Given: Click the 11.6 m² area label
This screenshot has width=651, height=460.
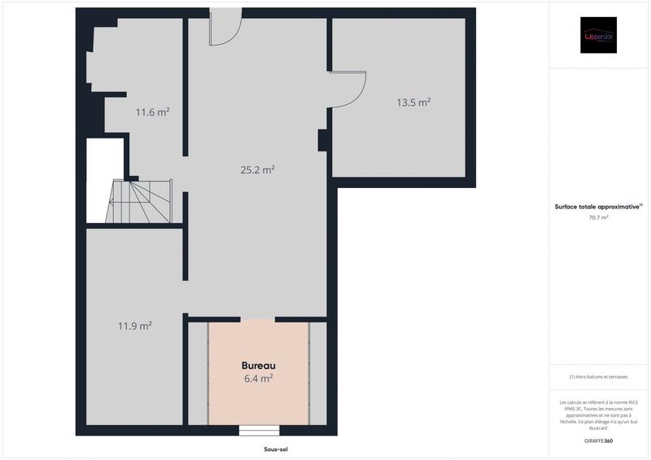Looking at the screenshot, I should coord(152,112).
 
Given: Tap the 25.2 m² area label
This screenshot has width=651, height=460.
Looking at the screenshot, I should coord(257,170).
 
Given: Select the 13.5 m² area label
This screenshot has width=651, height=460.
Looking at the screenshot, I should coord(413,103).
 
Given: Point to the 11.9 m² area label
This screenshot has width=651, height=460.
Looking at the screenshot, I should coord(135,326).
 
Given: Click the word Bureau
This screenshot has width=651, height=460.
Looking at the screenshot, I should coord(258,366).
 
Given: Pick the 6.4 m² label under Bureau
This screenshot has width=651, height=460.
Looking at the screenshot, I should coord(258,379).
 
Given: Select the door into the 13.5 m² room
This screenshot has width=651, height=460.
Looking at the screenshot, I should coord(348,90).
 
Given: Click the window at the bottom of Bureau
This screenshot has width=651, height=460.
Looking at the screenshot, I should coord(259,430).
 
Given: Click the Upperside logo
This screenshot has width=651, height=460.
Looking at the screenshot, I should coord(598,35).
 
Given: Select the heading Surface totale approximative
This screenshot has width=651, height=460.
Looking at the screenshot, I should coord(598,207).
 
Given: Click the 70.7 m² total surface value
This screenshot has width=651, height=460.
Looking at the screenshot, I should coord(598,217).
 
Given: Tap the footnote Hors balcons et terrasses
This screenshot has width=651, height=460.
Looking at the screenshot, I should coord(598,377).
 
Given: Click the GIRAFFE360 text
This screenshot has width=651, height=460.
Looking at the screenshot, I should coord(598,440).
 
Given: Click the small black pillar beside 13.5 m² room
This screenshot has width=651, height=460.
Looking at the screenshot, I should coord(322,140).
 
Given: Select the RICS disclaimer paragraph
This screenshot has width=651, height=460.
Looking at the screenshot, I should coord(598,415).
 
